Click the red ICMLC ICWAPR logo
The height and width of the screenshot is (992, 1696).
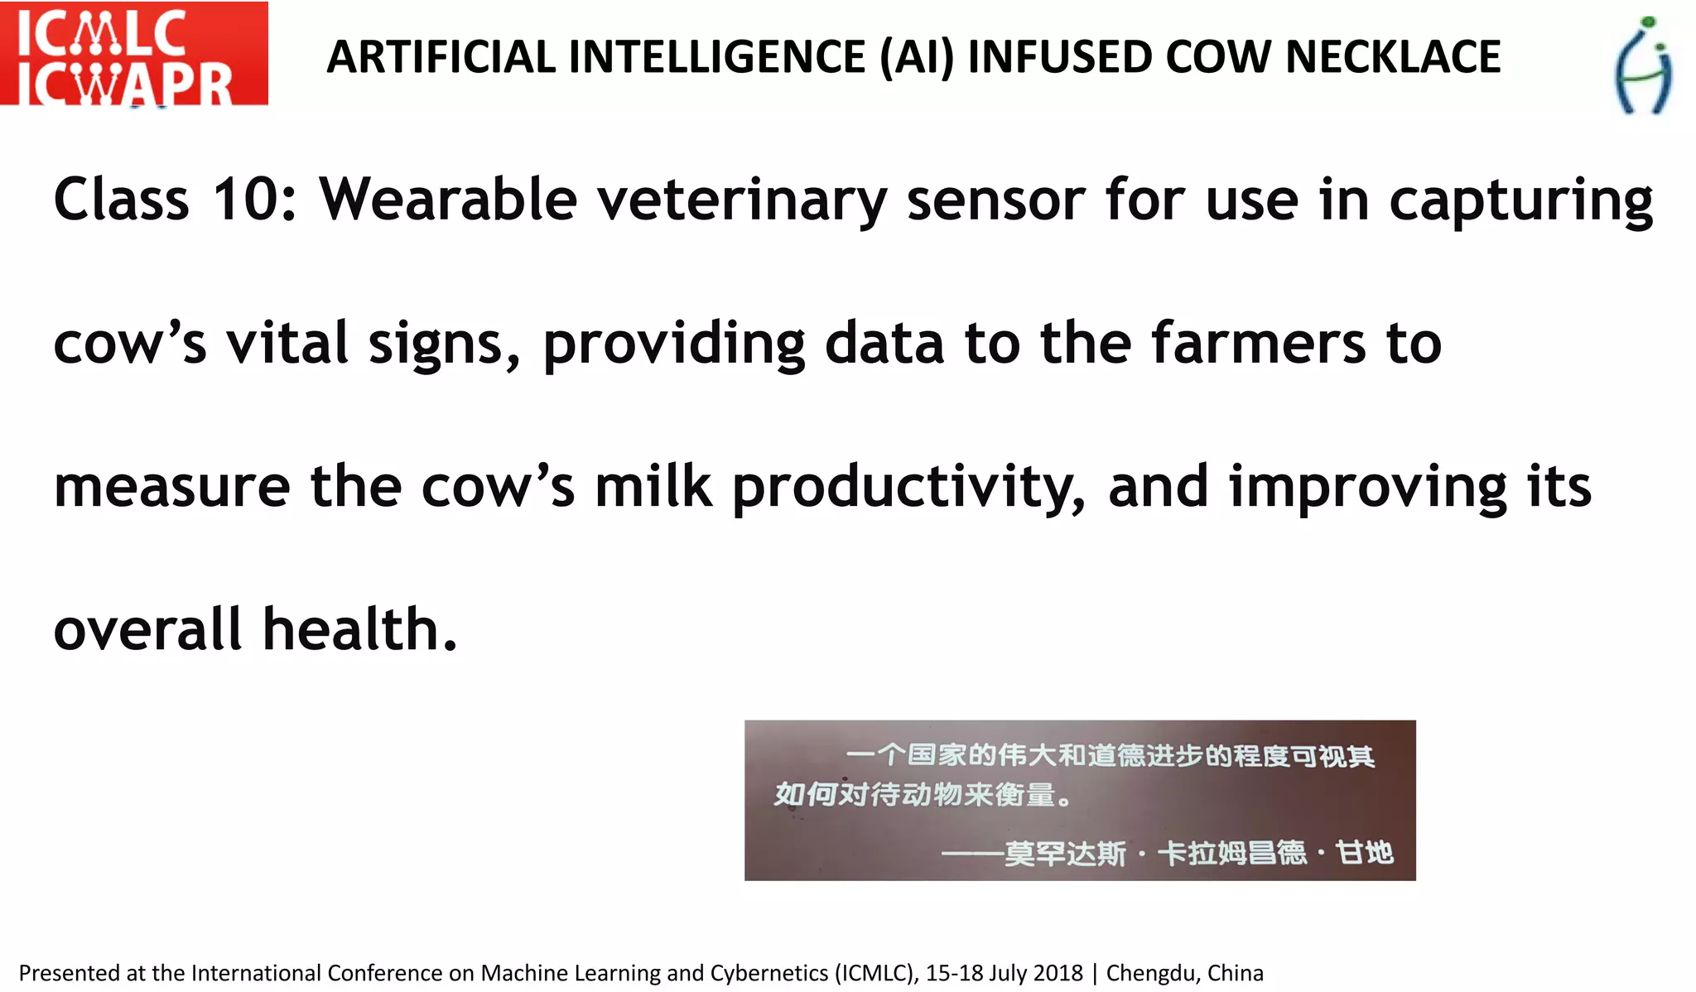(x=133, y=54)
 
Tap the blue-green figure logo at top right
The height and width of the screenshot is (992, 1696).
(x=1643, y=65)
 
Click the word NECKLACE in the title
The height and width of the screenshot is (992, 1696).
(x=1393, y=57)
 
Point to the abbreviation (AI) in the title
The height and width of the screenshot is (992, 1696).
(x=918, y=57)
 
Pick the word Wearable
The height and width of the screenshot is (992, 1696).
(x=448, y=200)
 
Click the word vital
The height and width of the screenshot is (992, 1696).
(x=287, y=343)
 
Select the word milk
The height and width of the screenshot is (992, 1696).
(x=653, y=486)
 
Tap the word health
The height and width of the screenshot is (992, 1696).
(x=359, y=629)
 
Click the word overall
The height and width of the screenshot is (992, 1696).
(x=147, y=629)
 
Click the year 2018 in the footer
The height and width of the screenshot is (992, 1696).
(x=1059, y=973)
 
